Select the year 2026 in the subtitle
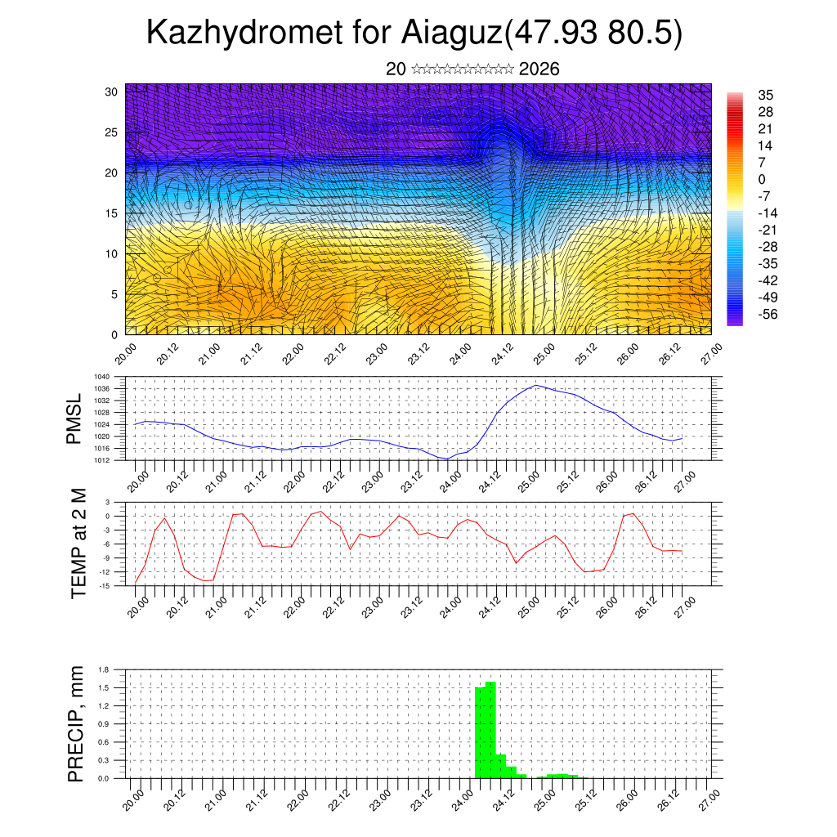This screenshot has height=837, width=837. pyautogui.click(x=539, y=69)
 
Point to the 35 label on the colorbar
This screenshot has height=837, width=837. pyautogui.click(x=765, y=95)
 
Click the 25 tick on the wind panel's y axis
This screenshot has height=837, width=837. pyautogui.click(x=113, y=132)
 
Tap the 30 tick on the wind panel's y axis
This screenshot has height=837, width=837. pyautogui.click(x=113, y=92)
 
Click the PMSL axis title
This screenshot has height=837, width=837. pyautogui.click(x=74, y=418)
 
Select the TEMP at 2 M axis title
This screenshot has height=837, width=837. pyautogui.click(x=78, y=544)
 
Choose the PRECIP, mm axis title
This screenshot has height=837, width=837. pyautogui.click(x=76, y=723)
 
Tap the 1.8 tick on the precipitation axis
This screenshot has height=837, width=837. pyautogui.click(x=103, y=669)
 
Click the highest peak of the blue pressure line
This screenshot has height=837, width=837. pyautogui.click(x=535, y=385)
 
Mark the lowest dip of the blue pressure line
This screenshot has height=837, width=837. pyautogui.click(x=446, y=459)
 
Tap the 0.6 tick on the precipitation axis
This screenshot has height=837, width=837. pyautogui.click(x=103, y=742)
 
